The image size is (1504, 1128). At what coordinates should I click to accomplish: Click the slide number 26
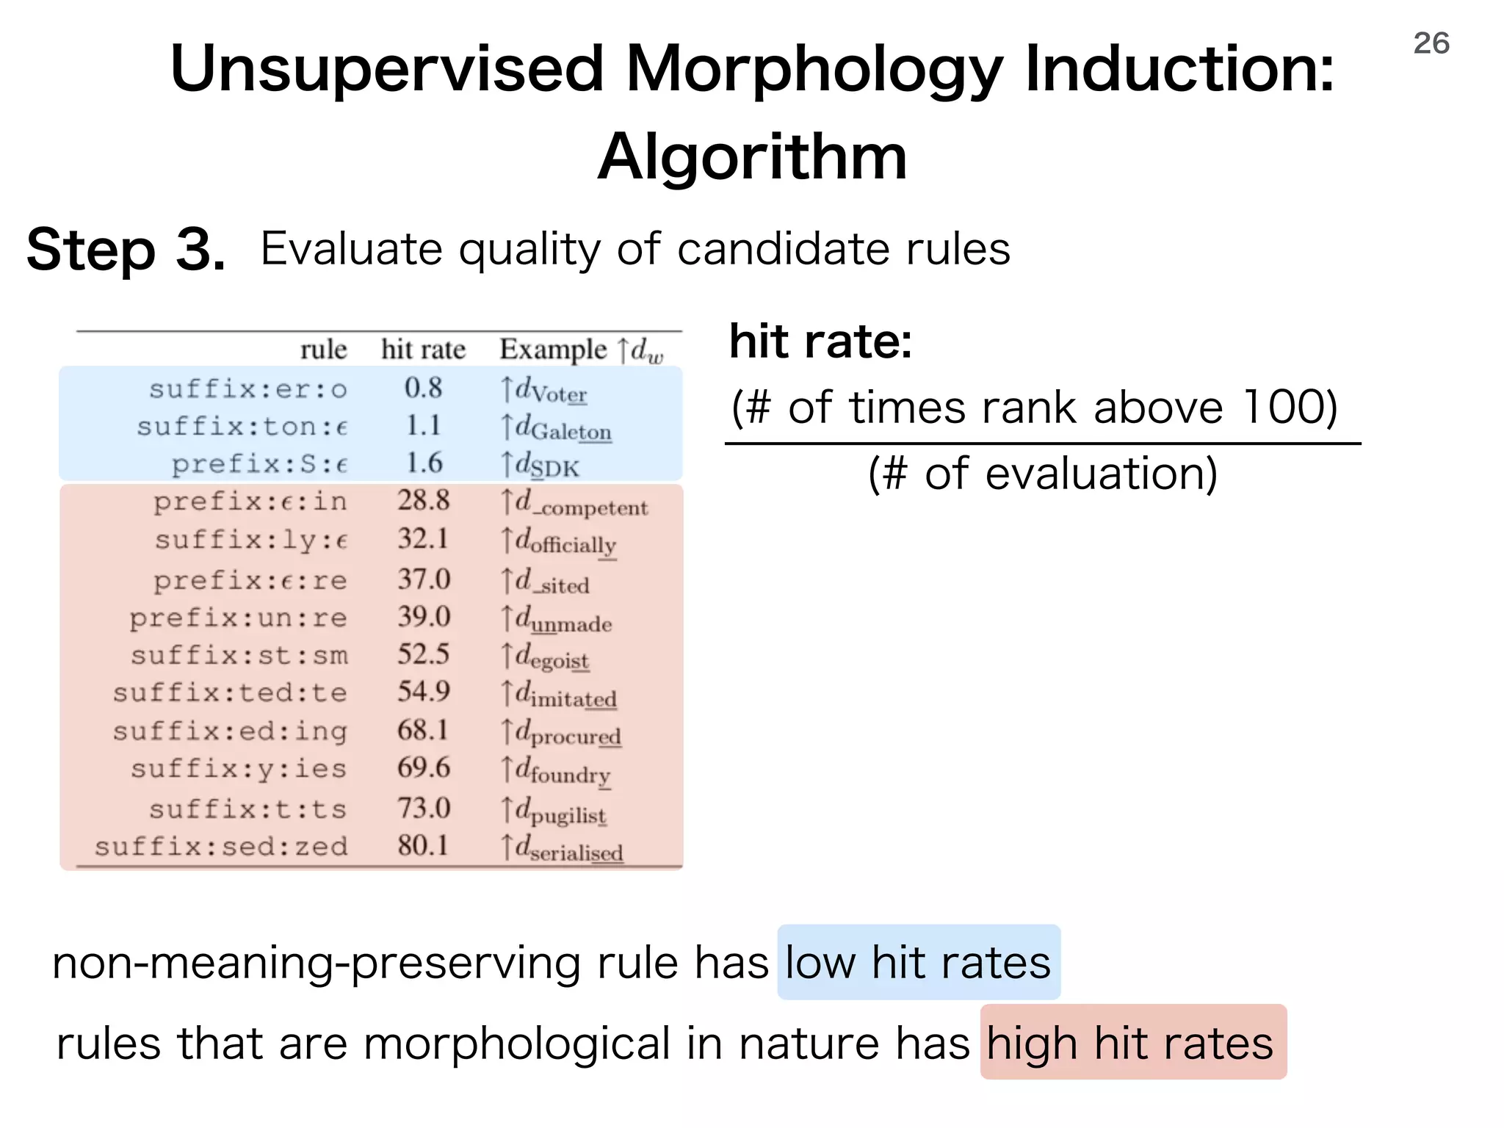1431,43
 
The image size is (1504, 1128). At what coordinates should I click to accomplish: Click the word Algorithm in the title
752,156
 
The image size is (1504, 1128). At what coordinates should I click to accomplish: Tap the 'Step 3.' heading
126,250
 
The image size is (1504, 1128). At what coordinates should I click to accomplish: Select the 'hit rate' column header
423,350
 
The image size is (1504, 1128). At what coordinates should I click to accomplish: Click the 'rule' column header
323,350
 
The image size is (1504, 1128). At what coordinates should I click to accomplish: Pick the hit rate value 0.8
423,388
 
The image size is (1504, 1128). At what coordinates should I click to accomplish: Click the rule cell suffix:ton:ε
242,426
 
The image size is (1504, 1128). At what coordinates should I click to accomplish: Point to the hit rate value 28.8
423,501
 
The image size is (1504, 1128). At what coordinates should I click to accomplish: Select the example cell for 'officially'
558,542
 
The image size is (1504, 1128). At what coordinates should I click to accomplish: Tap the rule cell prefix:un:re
238,618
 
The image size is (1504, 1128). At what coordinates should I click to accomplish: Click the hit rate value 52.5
423,654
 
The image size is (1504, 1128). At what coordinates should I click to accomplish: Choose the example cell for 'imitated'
558,695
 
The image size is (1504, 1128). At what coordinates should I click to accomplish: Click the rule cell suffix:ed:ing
229,731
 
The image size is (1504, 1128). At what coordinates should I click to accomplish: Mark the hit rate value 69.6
423,768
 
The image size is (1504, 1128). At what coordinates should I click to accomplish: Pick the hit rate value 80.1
423,846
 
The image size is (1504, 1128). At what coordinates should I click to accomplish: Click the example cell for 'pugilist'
554,811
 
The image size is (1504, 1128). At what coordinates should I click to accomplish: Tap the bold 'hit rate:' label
820,342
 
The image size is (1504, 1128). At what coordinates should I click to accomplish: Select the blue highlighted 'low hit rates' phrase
918,962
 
